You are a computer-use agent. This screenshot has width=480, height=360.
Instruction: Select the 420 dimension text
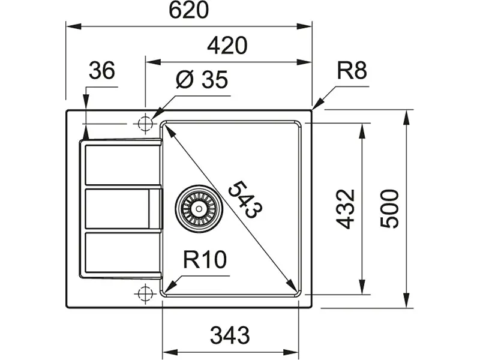pyautogui.click(x=227, y=46)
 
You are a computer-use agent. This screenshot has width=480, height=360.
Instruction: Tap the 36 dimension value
pyautogui.click(x=102, y=70)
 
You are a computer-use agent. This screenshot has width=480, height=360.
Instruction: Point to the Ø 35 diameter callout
pyautogui.click(x=202, y=80)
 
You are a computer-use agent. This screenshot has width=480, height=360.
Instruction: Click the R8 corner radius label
pyautogui.click(x=352, y=71)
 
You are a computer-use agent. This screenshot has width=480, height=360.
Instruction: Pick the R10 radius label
pyautogui.click(x=205, y=259)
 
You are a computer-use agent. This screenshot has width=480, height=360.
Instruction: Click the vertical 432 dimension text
pyautogui.click(x=346, y=209)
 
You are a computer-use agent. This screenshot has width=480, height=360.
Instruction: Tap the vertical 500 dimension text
pyautogui.click(x=389, y=208)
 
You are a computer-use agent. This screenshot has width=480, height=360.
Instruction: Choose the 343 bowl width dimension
pyautogui.click(x=230, y=335)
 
